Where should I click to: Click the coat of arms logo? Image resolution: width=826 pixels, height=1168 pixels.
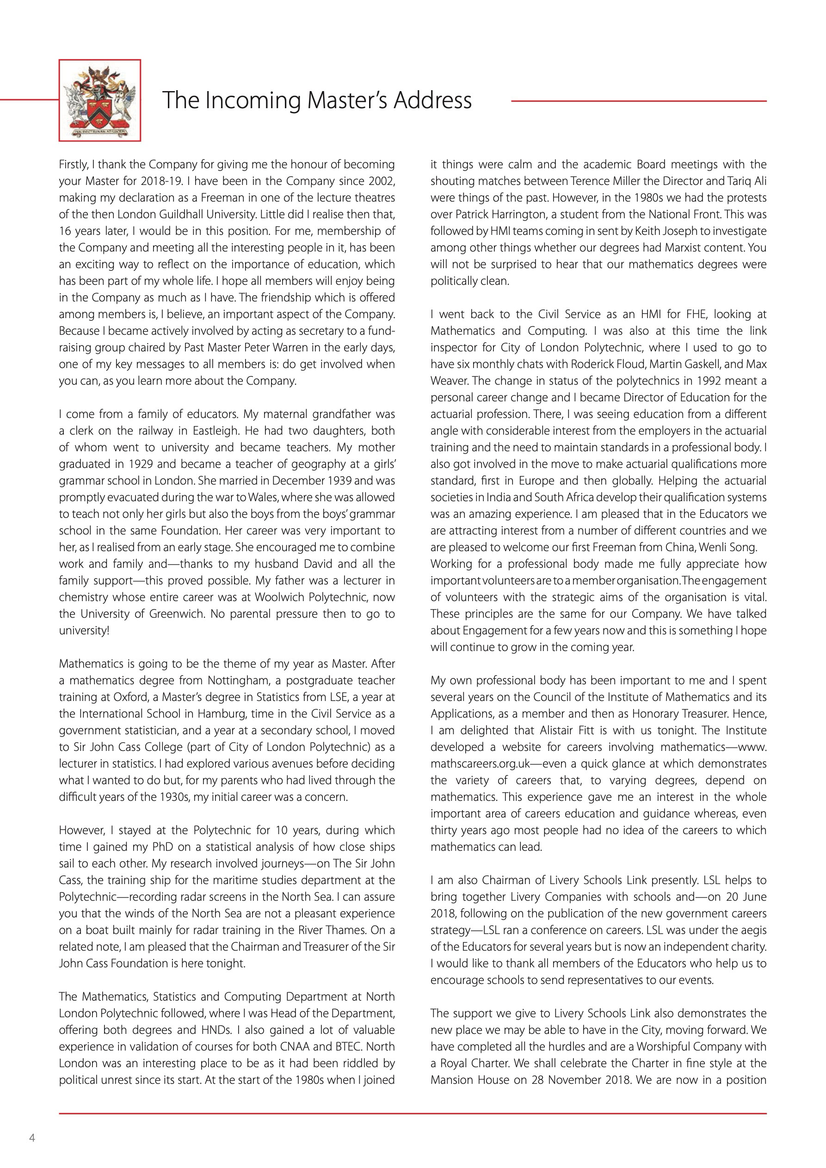100,100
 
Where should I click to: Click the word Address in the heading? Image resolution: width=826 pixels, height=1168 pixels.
432,100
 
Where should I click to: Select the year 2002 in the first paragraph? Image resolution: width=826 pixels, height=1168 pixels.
382,181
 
